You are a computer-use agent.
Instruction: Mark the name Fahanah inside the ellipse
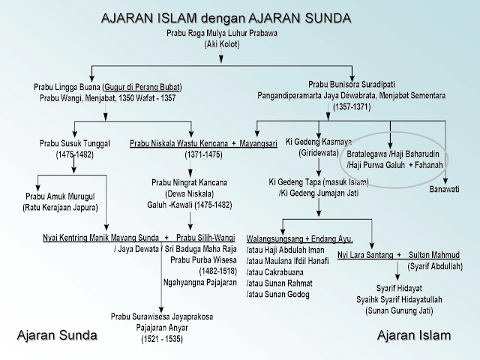428,165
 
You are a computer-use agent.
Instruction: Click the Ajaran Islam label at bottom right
414,334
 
